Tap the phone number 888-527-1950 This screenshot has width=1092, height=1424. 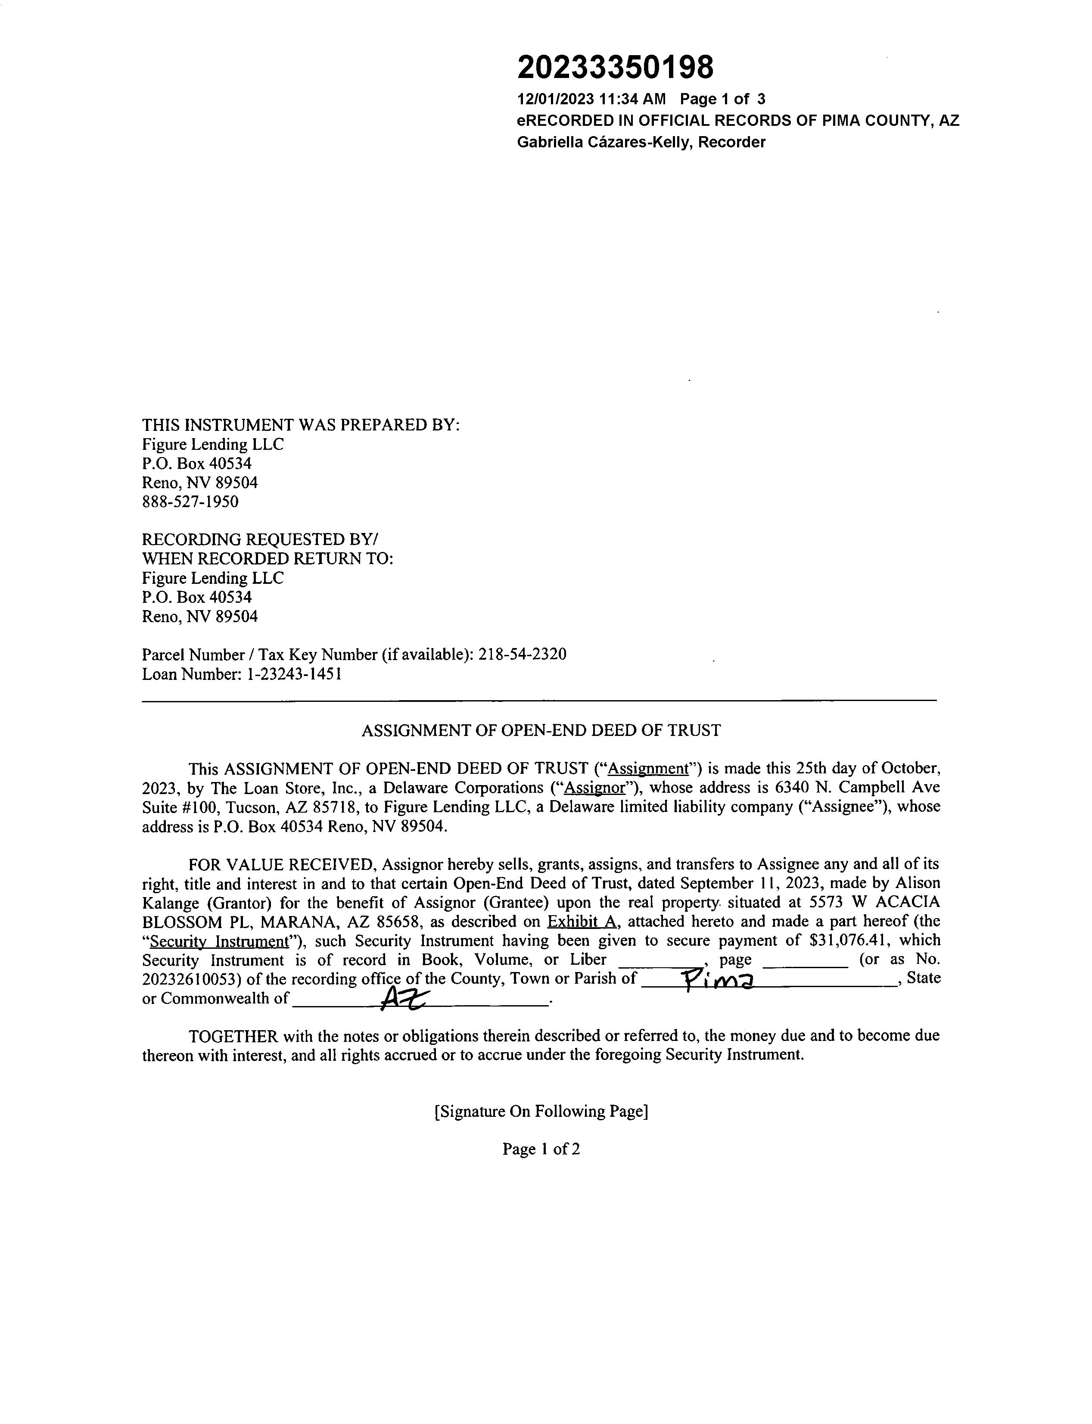pyautogui.click(x=190, y=502)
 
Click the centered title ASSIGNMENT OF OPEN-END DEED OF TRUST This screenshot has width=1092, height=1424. pyautogui.click(x=541, y=730)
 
